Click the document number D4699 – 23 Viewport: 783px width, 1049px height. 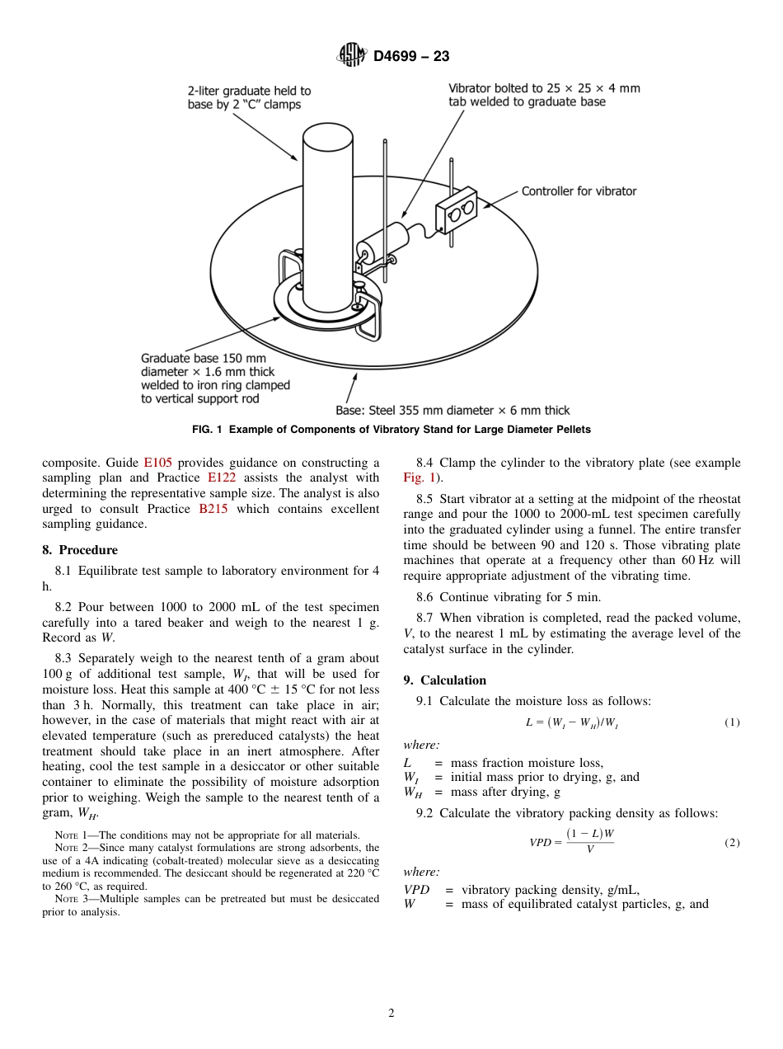[x=410, y=57]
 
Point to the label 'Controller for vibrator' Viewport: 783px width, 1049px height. [x=579, y=191]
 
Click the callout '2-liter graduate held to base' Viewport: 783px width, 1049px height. [x=249, y=97]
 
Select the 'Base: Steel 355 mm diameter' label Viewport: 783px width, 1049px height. [x=452, y=410]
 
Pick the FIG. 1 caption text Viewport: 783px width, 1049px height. [x=391, y=430]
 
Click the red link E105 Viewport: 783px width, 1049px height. [x=157, y=463]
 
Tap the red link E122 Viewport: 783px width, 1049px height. [x=222, y=477]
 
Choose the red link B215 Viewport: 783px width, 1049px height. [x=213, y=509]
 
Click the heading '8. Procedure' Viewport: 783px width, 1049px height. [x=80, y=550]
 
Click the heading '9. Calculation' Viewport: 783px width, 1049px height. [x=445, y=680]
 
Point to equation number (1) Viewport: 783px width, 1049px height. [x=732, y=722]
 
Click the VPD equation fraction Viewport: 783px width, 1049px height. [x=589, y=841]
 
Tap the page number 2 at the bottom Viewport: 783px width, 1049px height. [x=391, y=1014]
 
